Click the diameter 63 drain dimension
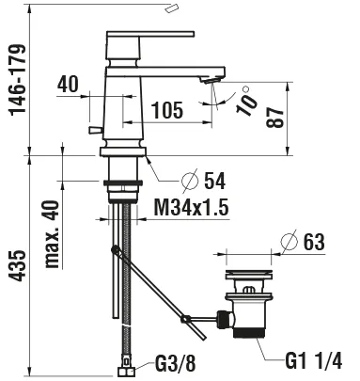pos(314,242)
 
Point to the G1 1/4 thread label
pos(315,357)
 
